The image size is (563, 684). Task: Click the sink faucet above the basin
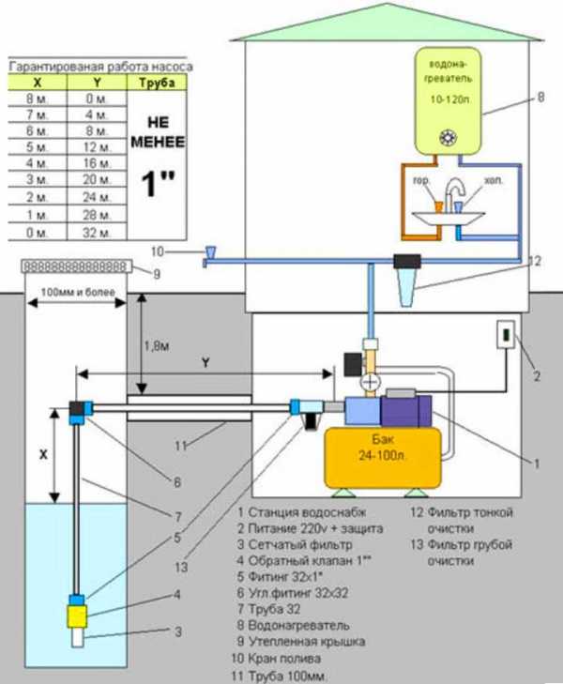(455, 194)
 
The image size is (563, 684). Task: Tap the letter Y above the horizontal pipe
(205, 360)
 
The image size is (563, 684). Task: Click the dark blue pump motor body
(405, 413)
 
